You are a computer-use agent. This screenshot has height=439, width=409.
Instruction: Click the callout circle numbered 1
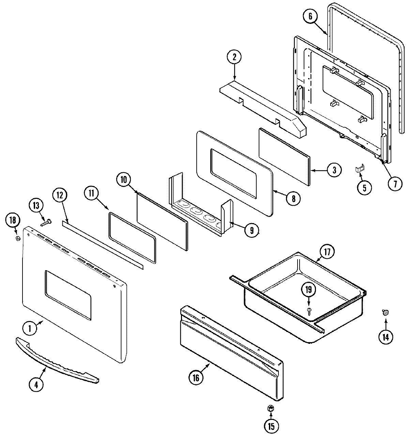click(x=30, y=329)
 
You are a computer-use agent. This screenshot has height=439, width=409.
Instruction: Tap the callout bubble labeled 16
click(x=196, y=377)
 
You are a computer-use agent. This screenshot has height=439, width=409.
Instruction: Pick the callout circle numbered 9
click(x=251, y=230)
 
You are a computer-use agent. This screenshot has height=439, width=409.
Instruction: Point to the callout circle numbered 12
click(x=60, y=195)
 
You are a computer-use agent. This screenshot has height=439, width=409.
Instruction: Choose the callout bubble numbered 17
click(x=327, y=252)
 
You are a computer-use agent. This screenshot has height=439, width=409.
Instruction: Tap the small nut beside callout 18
click(x=17, y=238)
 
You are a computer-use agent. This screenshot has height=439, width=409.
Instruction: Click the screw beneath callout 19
click(x=309, y=310)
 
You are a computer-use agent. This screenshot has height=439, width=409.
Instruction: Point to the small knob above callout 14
click(x=385, y=312)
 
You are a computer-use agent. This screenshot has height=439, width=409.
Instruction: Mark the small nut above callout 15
click(x=271, y=408)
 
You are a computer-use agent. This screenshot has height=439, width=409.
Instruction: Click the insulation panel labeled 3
click(x=285, y=157)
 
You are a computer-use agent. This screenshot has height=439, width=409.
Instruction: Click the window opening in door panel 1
click(x=68, y=295)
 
